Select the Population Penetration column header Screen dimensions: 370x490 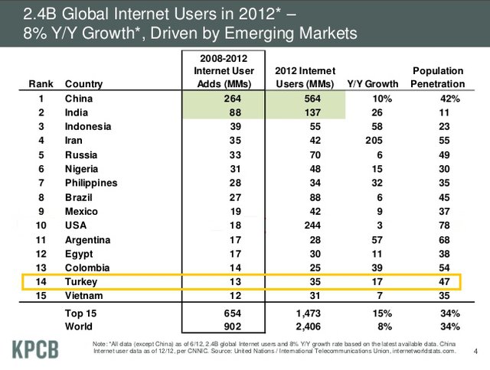tap(437, 76)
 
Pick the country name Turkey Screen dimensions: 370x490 tap(82, 281)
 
